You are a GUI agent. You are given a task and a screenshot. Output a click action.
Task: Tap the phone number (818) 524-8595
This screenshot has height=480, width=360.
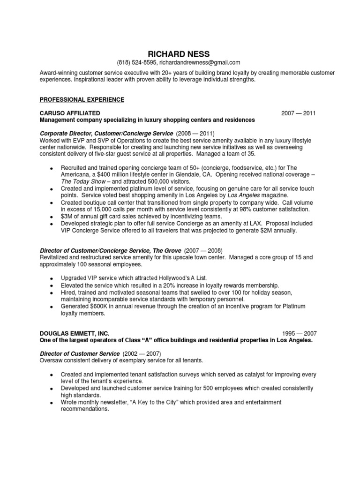coord(136,63)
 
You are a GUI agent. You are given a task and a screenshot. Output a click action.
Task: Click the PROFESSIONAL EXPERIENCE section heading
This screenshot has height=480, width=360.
coord(82,100)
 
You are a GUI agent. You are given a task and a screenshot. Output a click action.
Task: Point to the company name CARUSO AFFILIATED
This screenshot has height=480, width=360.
coord(70,113)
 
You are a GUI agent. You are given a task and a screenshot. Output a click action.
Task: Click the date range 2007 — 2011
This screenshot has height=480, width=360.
coord(299,113)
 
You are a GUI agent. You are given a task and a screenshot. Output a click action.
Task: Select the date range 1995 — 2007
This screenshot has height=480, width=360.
coord(299,333)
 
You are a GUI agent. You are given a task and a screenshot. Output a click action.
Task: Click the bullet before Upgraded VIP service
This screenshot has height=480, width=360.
coord(51,278)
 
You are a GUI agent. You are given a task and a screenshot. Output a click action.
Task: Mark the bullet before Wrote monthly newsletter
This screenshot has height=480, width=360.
coord(51,403)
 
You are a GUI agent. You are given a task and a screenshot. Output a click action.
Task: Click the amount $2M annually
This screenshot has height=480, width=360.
coord(275,231)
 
